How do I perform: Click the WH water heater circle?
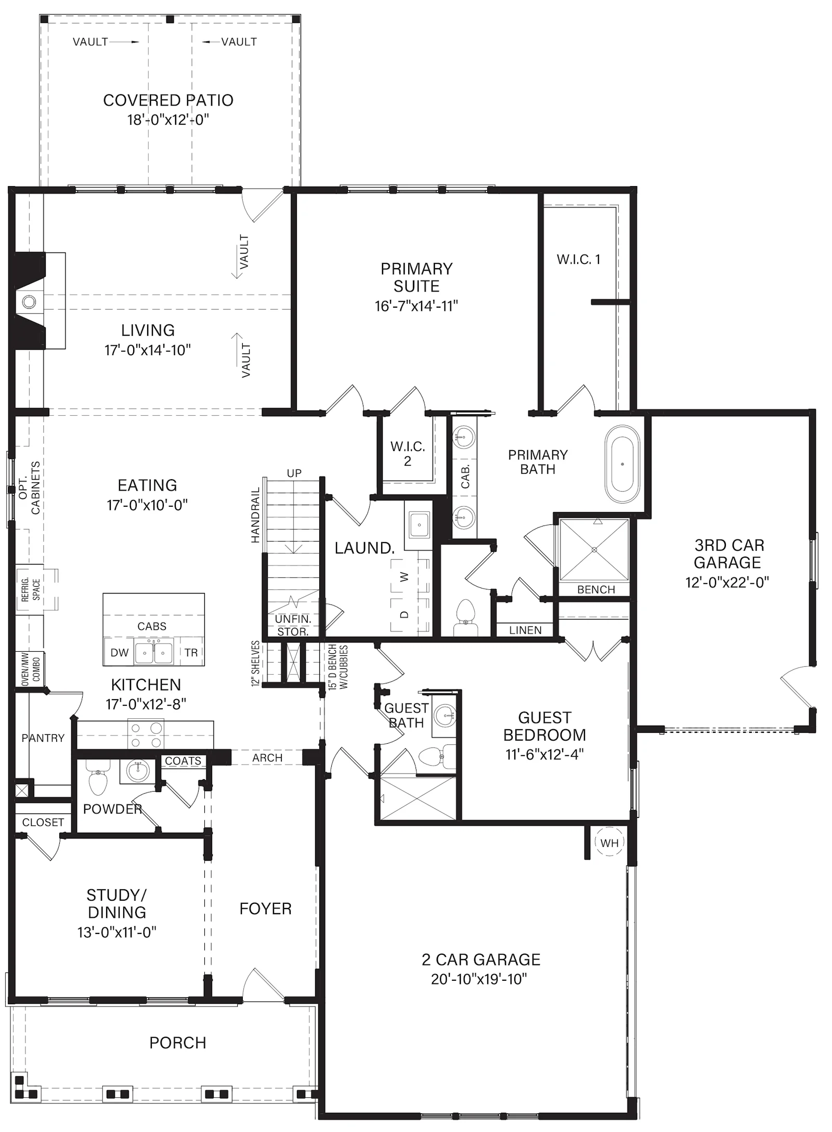[x=609, y=843]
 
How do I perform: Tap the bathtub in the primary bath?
[x=622, y=464]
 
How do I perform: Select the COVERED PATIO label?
[x=168, y=100]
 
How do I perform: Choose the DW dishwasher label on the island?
[x=120, y=652]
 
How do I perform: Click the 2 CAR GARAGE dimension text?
[x=479, y=979]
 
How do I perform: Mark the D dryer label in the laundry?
[x=405, y=614]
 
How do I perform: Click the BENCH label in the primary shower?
[x=596, y=589]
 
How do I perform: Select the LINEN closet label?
[x=525, y=630]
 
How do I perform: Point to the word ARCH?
[x=267, y=758]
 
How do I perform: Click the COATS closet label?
[x=183, y=761]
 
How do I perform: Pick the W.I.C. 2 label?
[x=408, y=453]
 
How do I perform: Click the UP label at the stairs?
[x=294, y=473]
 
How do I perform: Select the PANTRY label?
[x=43, y=738]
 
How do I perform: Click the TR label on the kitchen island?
[x=191, y=652]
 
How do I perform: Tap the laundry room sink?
[x=419, y=525]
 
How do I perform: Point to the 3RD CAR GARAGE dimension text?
[x=727, y=582]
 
